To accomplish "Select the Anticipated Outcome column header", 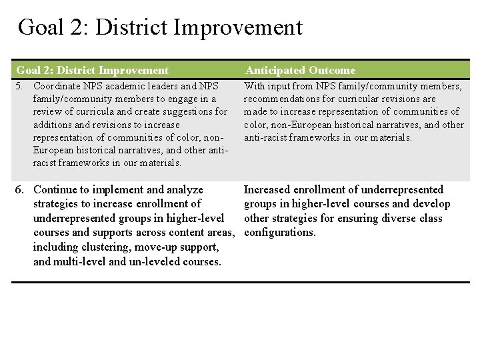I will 300,70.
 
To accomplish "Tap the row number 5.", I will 20,86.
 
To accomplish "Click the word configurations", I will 280,233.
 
